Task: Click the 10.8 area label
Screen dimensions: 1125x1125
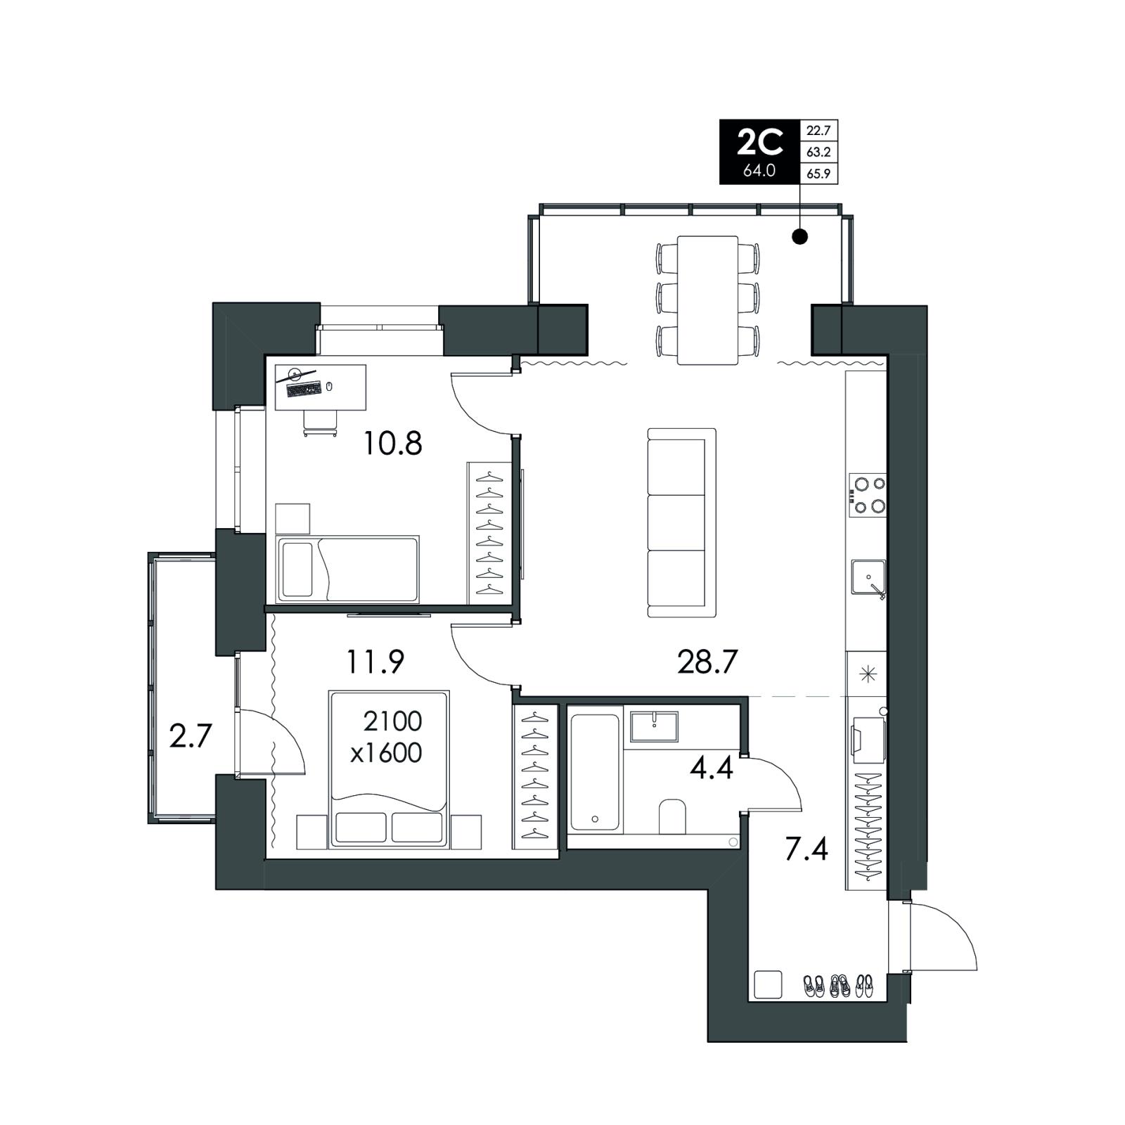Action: (392, 444)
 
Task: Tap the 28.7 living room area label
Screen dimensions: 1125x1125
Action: (707, 662)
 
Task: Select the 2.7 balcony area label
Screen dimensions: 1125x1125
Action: (191, 737)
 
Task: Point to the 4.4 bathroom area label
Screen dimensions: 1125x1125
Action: (712, 768)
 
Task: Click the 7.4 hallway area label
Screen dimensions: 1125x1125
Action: (806, 850)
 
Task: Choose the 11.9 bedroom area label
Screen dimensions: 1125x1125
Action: (375, 662)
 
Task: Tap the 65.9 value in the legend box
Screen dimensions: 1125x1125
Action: (819, 173)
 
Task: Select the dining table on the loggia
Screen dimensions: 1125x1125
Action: (707, 300)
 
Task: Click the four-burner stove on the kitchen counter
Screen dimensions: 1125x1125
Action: (868, 494)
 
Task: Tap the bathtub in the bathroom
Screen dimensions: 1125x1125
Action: (595, 771)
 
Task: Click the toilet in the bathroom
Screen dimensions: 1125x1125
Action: (672, 816)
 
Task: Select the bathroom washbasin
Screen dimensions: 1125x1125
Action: (655, 726)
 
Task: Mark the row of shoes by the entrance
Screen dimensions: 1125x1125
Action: (838, 985)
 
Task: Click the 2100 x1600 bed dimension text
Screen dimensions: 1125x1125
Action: (387, 737)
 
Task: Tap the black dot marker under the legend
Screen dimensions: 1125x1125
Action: (800, 236)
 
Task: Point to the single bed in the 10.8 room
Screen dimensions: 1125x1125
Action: (348, 569)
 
